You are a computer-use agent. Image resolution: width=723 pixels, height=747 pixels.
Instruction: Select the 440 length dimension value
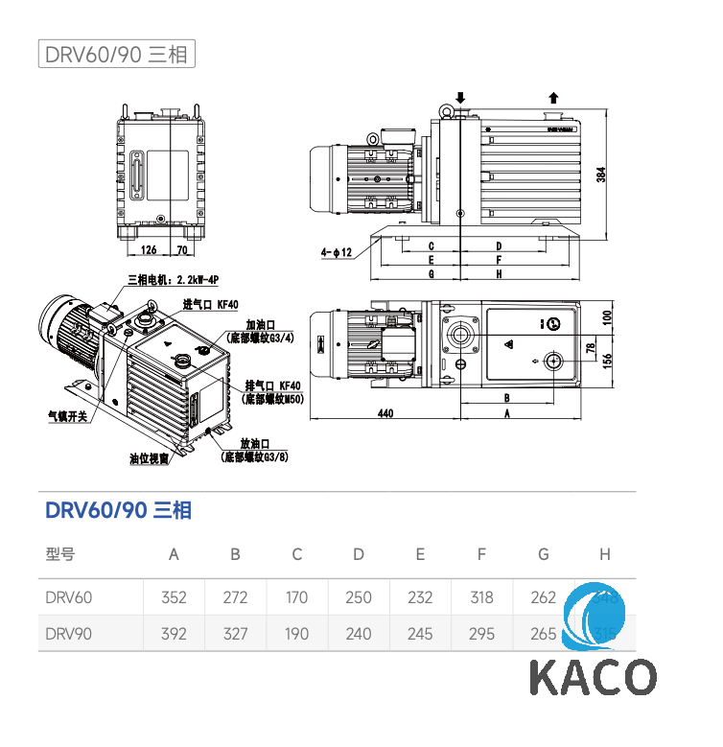pos(385,413)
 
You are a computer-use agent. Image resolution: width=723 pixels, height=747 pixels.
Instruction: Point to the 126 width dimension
pos(149,250)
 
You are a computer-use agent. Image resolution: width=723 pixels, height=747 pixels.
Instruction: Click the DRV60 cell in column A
pos(174,597)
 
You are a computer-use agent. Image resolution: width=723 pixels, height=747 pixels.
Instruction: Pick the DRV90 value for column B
pos(235,634)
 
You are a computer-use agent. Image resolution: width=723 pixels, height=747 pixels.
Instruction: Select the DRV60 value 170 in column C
pos(296,597)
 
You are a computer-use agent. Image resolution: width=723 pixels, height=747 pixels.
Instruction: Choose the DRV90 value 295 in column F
pos(481,634)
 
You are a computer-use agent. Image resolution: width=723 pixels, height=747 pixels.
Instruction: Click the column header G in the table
pos(543,554)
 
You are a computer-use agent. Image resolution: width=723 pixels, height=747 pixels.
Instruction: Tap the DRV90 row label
pos(69,634)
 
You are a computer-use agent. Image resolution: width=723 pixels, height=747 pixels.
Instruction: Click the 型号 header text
pos(59,554)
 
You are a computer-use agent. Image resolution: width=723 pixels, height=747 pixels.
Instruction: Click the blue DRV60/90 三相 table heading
pos(118,510)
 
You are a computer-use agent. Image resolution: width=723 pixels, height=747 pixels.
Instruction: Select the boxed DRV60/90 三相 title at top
pos(116,54)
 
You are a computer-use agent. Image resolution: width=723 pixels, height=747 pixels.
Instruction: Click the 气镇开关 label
pos(68,416)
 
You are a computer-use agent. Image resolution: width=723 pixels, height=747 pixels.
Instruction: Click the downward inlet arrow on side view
pos(460,98)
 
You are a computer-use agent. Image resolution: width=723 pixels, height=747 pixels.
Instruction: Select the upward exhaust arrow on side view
pos(552,98)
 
